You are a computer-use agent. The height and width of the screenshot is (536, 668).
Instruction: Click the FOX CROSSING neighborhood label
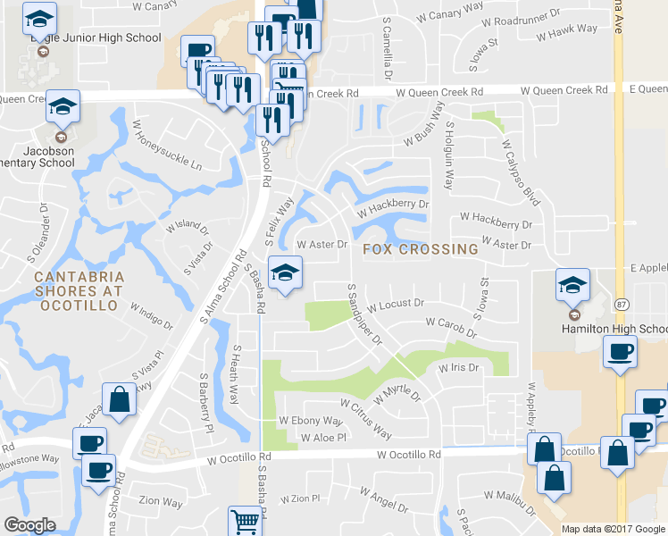(x=421, y=249)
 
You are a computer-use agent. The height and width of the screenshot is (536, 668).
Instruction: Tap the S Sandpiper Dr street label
(x=366, y=316)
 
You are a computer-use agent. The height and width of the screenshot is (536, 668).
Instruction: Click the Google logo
(x=30, y=526)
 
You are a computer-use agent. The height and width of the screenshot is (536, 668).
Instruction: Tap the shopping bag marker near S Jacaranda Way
(x=119, y=402)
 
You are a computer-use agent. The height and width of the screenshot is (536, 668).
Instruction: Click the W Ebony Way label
(x=311, y=420)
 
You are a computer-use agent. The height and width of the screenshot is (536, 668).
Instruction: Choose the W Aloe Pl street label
(x=323, y=438)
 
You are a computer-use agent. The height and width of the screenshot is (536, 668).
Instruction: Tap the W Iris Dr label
(x=459, y=367)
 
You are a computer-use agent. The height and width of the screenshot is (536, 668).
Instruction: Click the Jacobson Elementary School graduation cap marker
(x=63, y=107)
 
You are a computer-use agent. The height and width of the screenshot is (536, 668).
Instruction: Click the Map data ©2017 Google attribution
(x=614, y=529)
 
